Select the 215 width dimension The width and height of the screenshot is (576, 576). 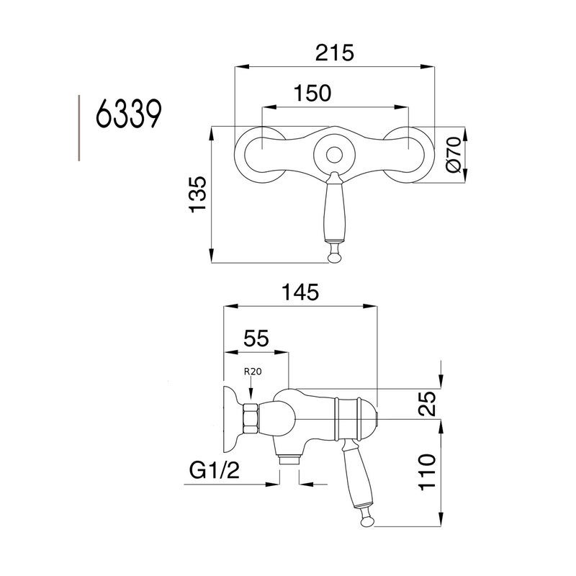335,53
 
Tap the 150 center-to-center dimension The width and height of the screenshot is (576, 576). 312,94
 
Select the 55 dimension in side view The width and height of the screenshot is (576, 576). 256,338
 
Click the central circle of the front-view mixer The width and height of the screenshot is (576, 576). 333,153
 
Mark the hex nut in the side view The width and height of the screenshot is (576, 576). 251,418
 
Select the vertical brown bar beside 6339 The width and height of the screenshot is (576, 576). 79,126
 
